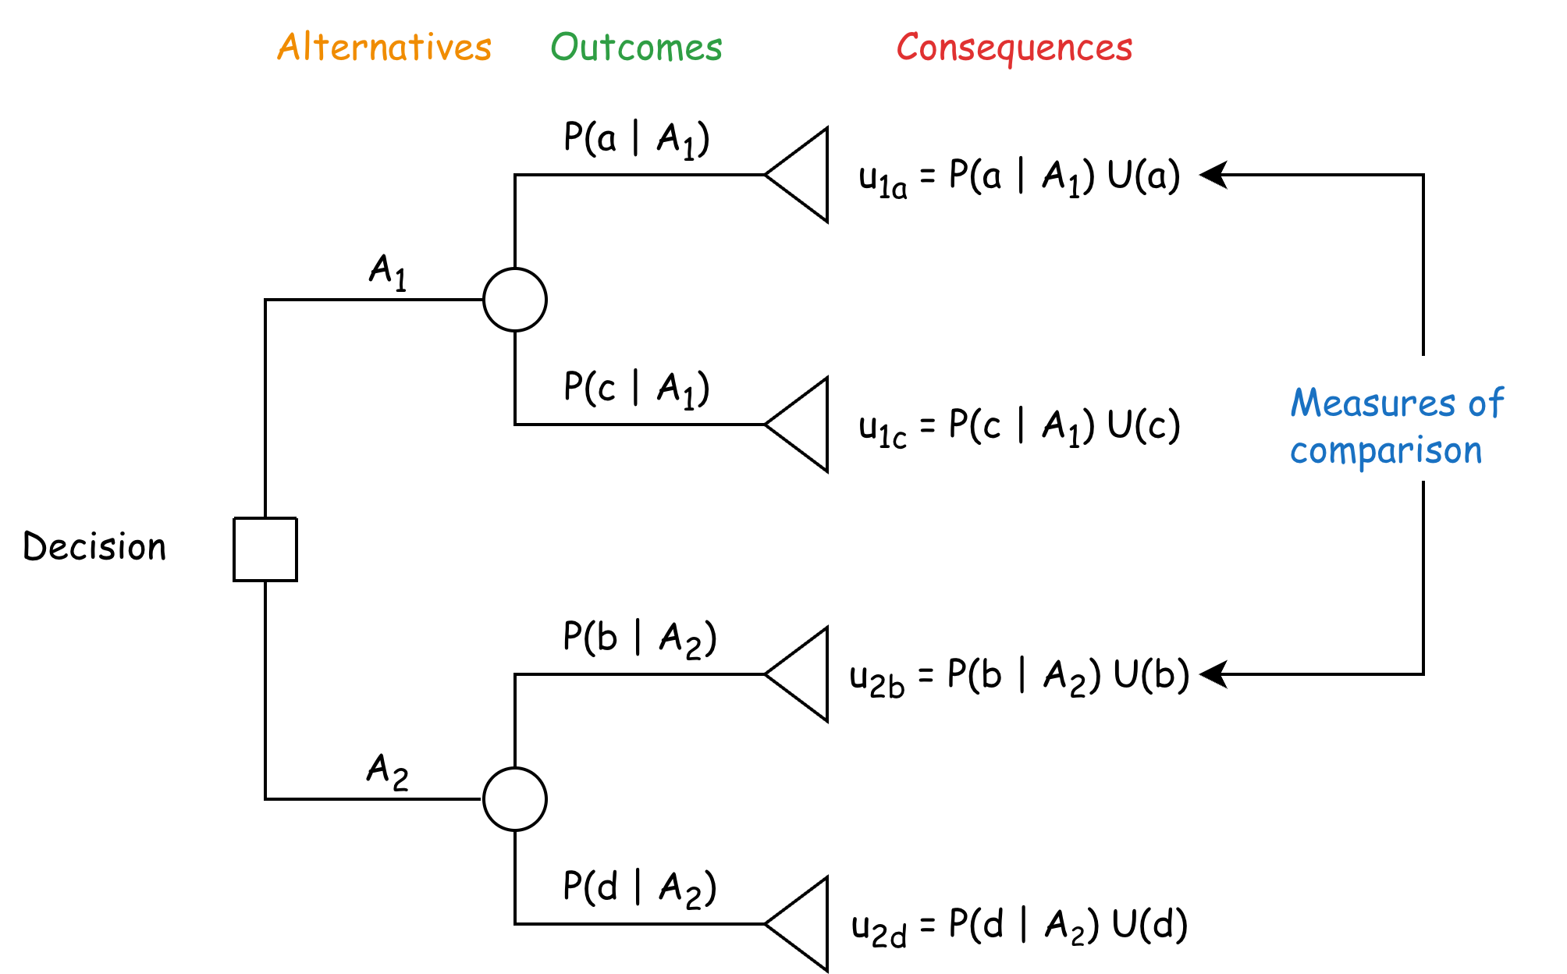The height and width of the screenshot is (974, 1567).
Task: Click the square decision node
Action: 265,549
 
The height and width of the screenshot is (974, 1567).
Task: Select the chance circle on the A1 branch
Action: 515,300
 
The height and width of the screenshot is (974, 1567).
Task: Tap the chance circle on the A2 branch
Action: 515,799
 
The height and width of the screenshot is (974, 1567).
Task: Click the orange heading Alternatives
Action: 384,48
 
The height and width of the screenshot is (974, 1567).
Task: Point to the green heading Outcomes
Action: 637,48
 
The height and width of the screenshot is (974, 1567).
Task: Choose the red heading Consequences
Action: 1014,48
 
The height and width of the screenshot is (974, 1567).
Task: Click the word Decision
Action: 94,546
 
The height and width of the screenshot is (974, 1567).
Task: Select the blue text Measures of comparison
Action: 1395,426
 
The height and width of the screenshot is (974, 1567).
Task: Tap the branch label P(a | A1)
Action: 636,140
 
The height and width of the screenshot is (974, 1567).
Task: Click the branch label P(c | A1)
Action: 636,388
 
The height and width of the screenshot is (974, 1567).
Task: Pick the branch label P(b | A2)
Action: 639,638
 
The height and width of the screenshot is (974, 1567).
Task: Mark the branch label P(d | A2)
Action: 639,888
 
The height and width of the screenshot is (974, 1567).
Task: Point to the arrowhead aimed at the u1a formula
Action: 1213,175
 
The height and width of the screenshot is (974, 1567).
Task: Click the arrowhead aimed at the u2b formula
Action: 1213,674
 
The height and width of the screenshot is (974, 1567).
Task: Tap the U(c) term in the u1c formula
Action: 1142,425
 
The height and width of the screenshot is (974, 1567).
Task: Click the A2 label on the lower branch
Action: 387,771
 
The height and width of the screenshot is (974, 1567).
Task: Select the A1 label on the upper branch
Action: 387,272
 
